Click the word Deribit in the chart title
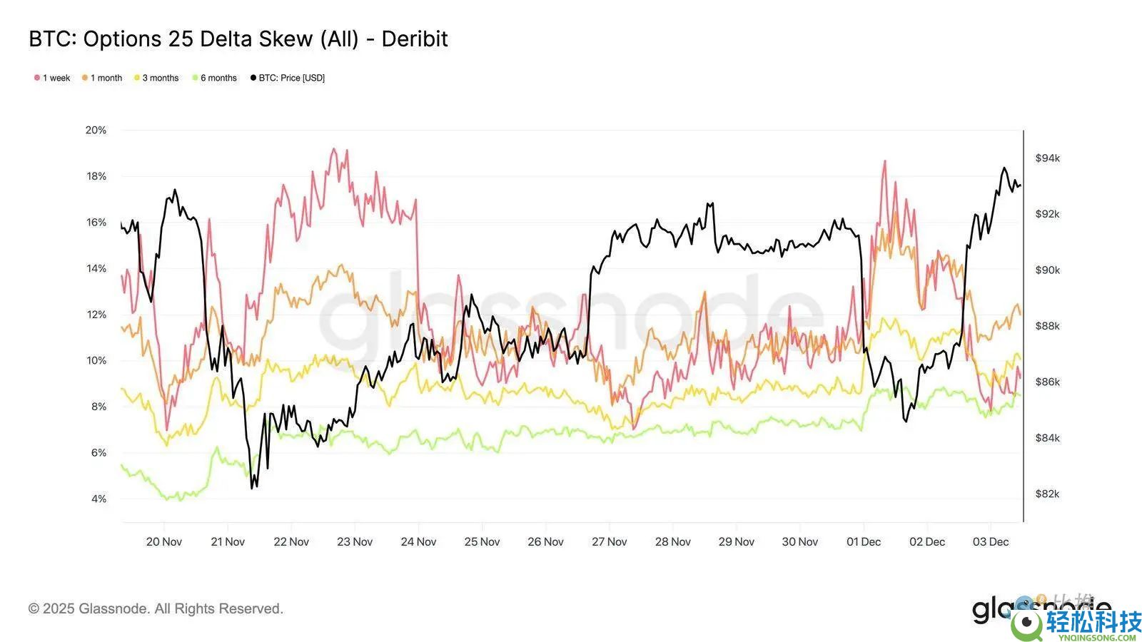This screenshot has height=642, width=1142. pyautogui.click(x=415, y=39)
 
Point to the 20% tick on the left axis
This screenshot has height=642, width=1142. pyautogui.click(x=96, y=130)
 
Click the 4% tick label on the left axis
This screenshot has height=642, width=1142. pyautogui.click(x=98, y=499)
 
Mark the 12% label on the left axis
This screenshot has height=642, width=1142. pyautogui.click(x=96, y=315)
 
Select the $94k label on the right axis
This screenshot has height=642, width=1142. pyautogui.click(x=1047, y=158)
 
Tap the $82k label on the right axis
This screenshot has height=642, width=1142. pyautogui.click(x=1047, y=494)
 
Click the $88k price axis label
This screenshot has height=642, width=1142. pyautogui.click(x=1047, y=326)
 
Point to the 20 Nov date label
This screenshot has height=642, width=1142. pyautogui.click(x=163, y=542)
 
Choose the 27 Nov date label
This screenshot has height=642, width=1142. pyautogui.click(x=609, y=542)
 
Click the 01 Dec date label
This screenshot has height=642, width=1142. pyautogui.click(x=864, y=542)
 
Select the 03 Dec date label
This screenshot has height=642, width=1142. pyautogui.click(x=991, y=542)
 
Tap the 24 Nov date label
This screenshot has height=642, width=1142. pyautogui.click(x=418, y=542)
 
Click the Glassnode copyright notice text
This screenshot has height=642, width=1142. pyautogui.click(x=156, y=608)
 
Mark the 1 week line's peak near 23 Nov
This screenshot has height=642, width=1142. pyautogui.click(x=333, y=149)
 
